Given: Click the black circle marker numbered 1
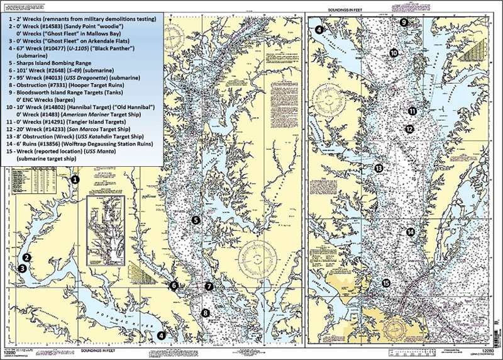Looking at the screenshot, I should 74,180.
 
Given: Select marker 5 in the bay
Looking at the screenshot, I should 196,220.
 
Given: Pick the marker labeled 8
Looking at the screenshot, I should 204,312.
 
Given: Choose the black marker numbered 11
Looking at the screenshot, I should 412,111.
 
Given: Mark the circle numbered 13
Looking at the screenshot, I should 379,169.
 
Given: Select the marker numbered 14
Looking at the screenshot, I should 411,232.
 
